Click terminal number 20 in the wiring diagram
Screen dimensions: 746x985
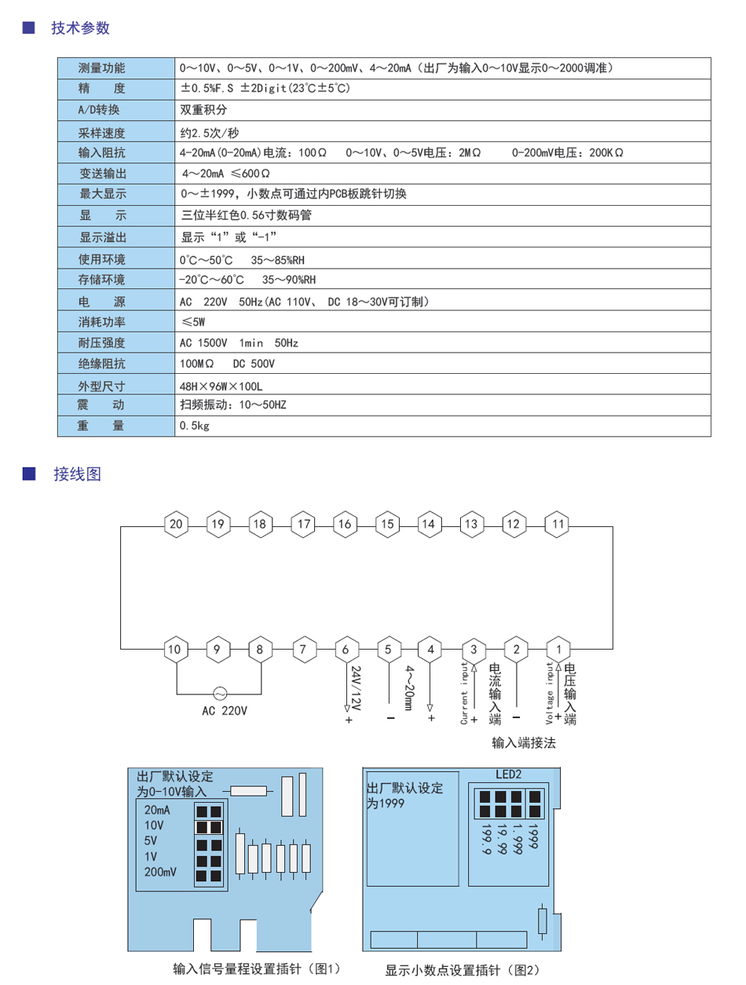point(176,524)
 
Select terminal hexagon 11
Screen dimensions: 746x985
point(557,524)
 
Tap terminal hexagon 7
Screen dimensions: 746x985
point(304,649)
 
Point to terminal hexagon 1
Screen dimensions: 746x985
point(558,649)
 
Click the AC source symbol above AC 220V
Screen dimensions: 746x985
point(219,694)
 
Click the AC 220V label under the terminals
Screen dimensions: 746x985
point(225,711)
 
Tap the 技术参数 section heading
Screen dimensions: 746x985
point(80,27)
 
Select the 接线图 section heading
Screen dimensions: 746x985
point(77,474)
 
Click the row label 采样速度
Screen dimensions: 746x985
point(101,133)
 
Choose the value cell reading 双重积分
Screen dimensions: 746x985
point(203,109)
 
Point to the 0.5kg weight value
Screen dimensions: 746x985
point(194,426)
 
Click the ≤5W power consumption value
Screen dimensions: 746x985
point(193,322)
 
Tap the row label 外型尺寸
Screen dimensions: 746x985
point(101,386)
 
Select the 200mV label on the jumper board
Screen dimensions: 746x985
point(160,871)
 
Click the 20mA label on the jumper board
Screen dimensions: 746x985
point(157,810)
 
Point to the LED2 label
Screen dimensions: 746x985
point(508,774)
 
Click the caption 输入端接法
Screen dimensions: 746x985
point(524,742)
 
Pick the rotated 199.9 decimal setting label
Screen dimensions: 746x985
point(486,839)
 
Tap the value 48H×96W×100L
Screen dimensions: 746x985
point(221,386)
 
